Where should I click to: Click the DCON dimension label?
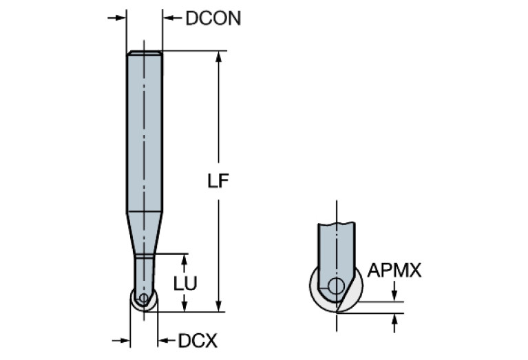pyautogui.click(x=213, y=18)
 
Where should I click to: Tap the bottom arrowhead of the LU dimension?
pyautogui.click(x=184, y=306)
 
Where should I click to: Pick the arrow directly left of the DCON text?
pyautogui.click(x=169, y=17)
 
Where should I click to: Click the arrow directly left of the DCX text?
pyautogui.click(x=165, y=340)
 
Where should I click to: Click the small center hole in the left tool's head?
pyautogui.click(x=143, y=298)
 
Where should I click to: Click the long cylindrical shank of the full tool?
pyautogui.click(x=145, y=131)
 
